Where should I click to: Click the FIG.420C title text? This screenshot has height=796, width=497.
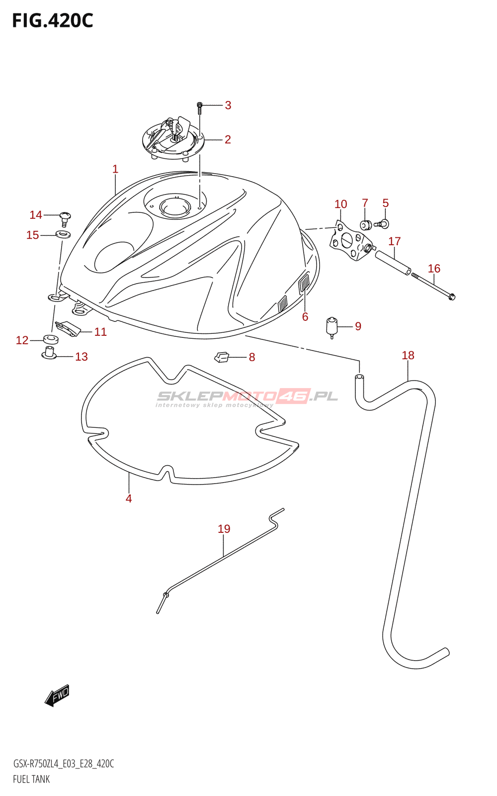52,21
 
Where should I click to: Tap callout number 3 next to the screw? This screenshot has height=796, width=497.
228,105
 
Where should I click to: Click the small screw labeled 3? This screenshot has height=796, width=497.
199,105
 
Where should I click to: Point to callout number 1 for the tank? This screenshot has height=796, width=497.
115,169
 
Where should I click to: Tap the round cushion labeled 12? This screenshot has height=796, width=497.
51,340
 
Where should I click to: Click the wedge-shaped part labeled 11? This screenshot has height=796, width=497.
67,328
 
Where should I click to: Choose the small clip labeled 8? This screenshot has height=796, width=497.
222,356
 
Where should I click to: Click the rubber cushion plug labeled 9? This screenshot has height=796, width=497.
331,326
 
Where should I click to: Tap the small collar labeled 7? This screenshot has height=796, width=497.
366,225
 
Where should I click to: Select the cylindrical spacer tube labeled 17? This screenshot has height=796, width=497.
393,262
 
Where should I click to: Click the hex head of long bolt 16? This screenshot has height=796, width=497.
451,297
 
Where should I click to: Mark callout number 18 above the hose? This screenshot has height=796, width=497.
408,355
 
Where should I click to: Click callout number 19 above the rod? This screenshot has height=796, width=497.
224,529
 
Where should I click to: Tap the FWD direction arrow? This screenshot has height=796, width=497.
57,695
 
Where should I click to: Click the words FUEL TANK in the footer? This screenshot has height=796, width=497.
31,779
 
